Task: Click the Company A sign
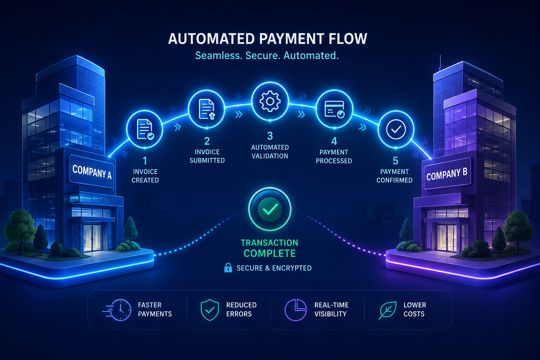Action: coord(92,172)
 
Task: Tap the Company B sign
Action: coord(447,173)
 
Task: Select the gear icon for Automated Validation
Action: coord(270,101)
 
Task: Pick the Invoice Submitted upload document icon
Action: coord(207,109)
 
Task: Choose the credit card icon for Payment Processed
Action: coord(334,109)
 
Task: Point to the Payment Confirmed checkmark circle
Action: coord(396,129)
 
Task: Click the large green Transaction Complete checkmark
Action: coord(270,209)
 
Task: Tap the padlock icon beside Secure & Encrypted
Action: coord(228,268)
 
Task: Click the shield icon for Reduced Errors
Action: coord(210,310)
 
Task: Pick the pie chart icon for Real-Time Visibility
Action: coord(296,310)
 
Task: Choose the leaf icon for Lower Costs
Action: coord(387,310)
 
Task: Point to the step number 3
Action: coord(270,136)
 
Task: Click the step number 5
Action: coord(396,161)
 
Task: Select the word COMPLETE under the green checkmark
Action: coord(270,253)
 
